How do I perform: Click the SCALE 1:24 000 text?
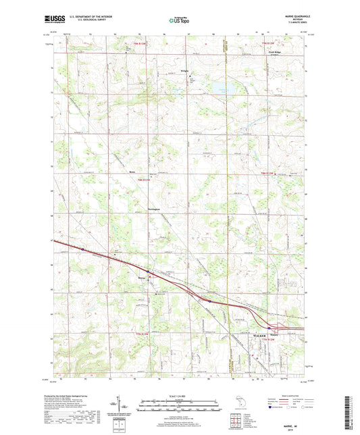coord(179,394)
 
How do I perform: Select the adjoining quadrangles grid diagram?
coord(236,418)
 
